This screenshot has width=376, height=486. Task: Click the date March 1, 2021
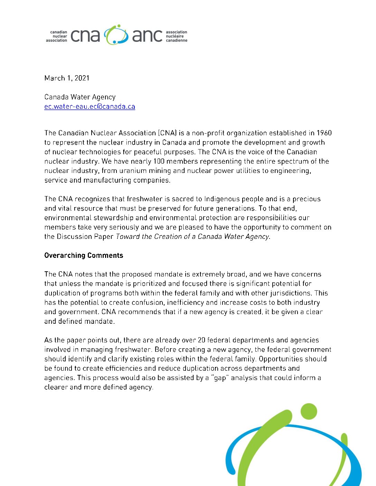pyautogui.click(x=67, y=78)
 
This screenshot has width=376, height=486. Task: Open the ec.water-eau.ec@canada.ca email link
pyautogui.click(x=90, y=107)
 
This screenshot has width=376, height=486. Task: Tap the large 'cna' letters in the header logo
pyautogui.click(x=85, y=36)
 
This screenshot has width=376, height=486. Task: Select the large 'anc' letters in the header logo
pyautogui.click(x=147, y=36)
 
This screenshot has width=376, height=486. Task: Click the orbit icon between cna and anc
pyautogui.click(x=116, y=35)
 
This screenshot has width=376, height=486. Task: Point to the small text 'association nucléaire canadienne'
pyautogui.click(x=176, y=36)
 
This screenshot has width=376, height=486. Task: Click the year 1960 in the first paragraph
pyautogui.click(x=324, y=133)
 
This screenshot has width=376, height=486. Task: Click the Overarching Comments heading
pyautogui.click(x=84, y=255)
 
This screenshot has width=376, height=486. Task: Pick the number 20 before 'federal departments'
pyautogui.click(x=201, y=340)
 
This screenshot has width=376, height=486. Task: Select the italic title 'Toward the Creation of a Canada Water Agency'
pyautogui.click(x=192, y=236)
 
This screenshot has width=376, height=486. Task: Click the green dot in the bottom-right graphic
pyautogui.click(x=309, y=411)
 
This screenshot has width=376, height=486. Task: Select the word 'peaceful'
pyautogui.click(x=147, y=152)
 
